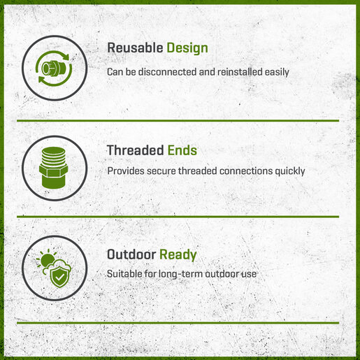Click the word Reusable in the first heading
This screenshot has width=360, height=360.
(135, 48)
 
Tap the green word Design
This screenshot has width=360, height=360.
(187, 48)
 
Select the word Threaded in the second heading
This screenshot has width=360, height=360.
(135, 150)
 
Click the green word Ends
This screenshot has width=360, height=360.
(182, 150)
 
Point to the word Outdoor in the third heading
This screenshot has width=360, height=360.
(131, 254)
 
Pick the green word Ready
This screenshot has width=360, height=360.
(178, 255)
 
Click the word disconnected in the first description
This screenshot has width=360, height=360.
(168, 72)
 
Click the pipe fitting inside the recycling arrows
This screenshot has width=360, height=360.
(54, 69)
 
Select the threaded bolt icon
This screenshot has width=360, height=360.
(54, 168)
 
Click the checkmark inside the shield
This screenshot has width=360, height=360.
(60, 278)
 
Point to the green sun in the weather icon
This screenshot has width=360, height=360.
(47, 260)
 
